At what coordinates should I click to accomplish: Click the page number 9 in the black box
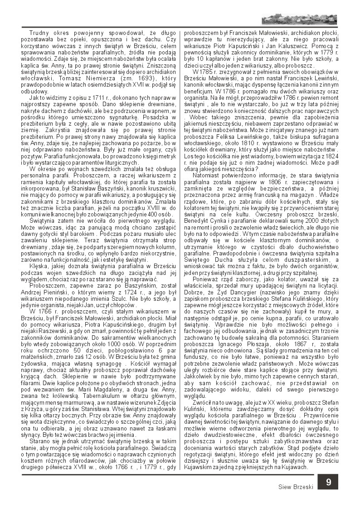[x=328, y=482]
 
